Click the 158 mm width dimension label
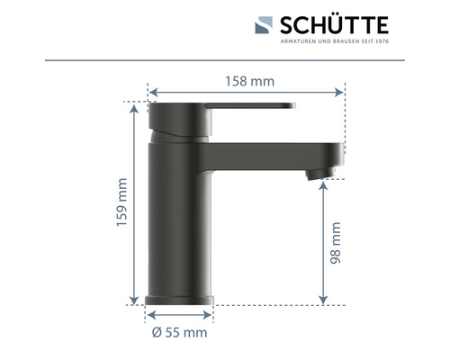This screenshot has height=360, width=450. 249,82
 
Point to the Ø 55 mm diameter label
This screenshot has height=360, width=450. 179,332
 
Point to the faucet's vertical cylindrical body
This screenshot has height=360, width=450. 179,216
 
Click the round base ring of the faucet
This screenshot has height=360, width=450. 179,298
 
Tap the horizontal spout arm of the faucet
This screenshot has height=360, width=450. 270,152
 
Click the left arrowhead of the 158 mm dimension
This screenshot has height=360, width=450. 151,92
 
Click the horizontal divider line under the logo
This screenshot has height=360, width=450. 225,60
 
